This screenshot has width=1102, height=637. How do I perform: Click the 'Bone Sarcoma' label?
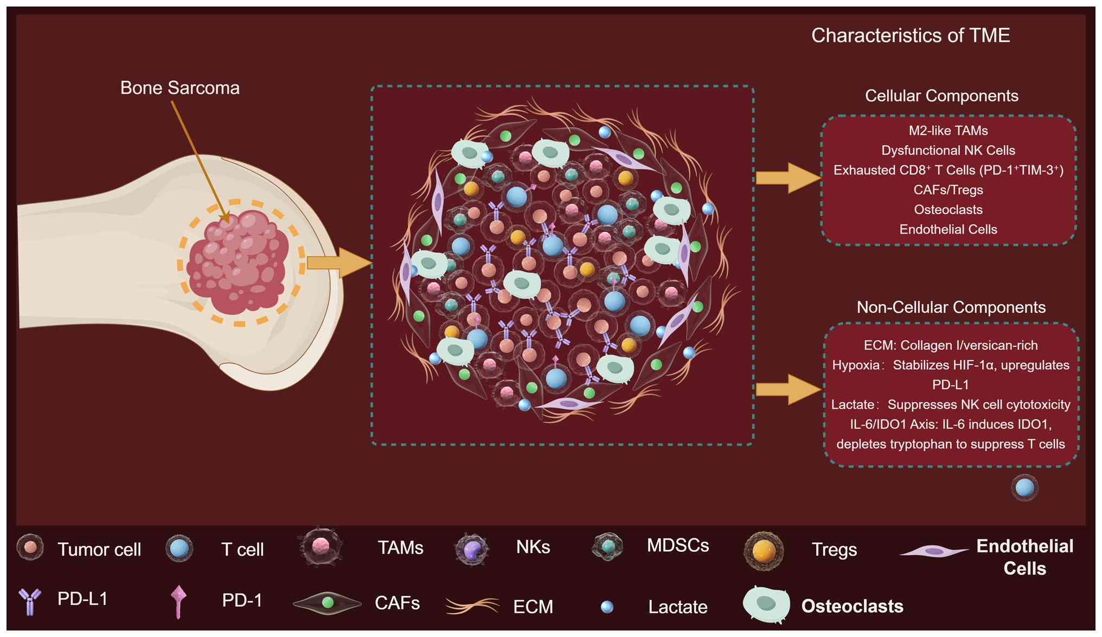[x=180, y=88]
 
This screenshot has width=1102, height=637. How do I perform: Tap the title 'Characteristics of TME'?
[x=910, y=36]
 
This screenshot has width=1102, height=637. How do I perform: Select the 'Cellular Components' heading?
[x=941, y=96]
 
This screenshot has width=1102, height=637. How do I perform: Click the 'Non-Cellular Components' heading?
[x=951, y=307]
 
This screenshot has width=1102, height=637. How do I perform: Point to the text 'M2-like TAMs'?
[x=948, y=131]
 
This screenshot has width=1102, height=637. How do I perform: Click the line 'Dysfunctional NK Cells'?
[x=948, y=150]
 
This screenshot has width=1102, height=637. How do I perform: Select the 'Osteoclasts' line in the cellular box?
[x=948, y=210]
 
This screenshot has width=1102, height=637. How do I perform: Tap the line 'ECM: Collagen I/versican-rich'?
[x=950, y=345]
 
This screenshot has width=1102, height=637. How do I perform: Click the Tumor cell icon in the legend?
[x=30, y=548]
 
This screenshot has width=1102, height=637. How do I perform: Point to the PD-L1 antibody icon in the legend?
[x=30, y=601]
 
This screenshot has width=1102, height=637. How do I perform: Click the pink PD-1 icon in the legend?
[x=178, y=601]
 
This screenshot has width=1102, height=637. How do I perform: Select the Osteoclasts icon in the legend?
[x=766, y=604]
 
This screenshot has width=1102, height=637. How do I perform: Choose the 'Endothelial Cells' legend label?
[x=1024, y=557]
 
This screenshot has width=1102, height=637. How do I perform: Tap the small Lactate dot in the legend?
[x=607, y=607]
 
